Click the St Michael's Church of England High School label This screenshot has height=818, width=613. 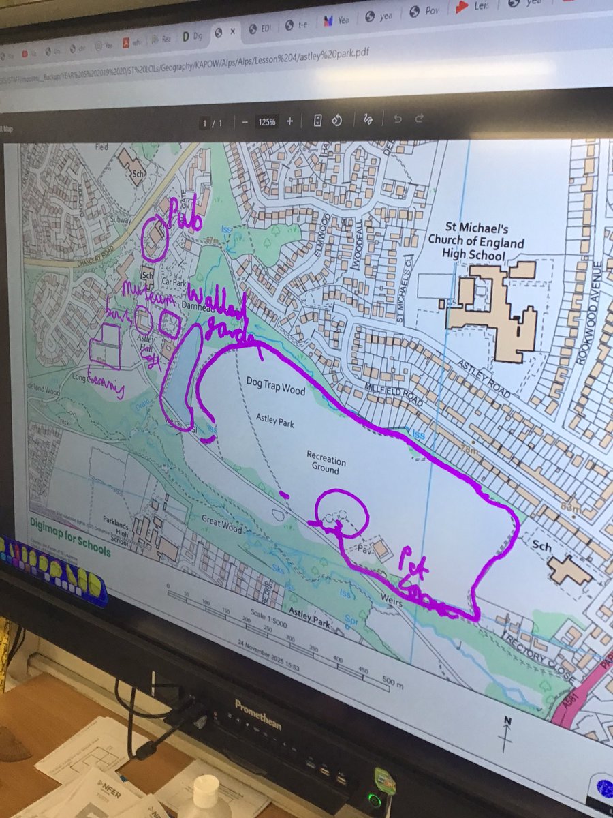click(x=476, y=242)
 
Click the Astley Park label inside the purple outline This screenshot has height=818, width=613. click(x=275, y=421)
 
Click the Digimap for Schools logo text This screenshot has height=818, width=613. click(x=69, y=526)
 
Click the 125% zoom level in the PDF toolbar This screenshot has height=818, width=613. click(x=266, y=122)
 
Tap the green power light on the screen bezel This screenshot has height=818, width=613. click(x=373, y=795)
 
